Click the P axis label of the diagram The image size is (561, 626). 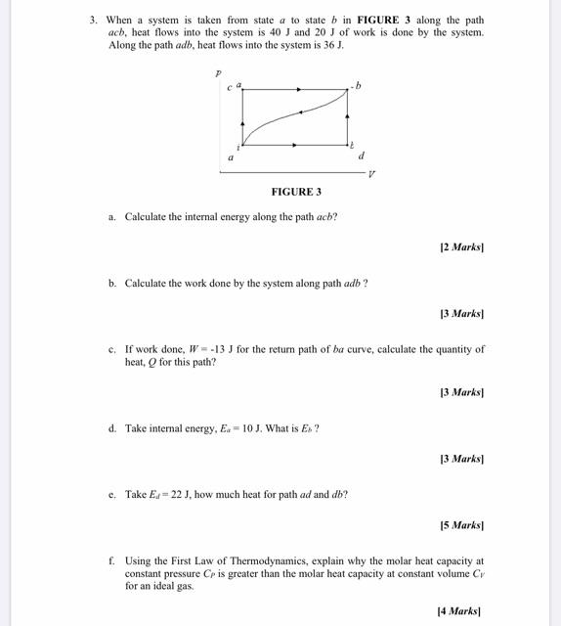218,73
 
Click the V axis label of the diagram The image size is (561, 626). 371,175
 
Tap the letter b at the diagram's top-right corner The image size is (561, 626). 358,86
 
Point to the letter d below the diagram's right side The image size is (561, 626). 362,156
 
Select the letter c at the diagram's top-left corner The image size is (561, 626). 230,87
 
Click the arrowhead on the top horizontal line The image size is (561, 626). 298,89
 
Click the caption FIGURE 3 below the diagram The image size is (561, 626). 296,192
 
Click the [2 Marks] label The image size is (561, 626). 461,247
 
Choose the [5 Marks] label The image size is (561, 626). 461,525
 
